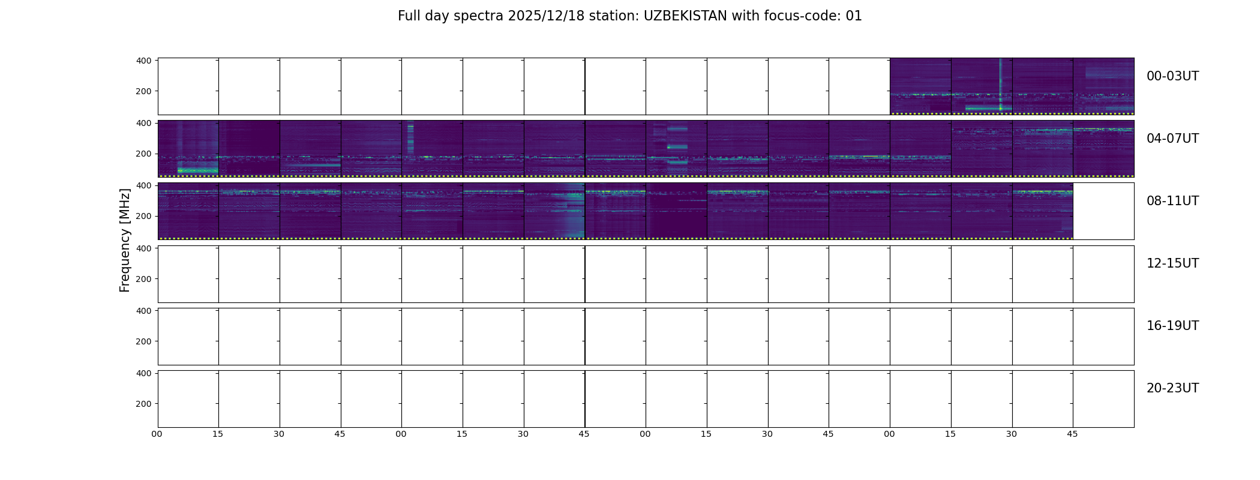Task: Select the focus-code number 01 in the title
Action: point(854,16)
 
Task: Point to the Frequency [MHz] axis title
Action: point(125,240)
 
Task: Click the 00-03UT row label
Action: point(1172,76)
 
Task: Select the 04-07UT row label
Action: point(1172,139)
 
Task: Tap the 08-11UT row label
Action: point(1172,201)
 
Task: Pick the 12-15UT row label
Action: point(1172,263)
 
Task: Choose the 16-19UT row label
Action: point(1172,326)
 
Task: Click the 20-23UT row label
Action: point(1172,388)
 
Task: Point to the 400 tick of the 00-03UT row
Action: point(143,61)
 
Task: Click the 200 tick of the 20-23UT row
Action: point(143,404)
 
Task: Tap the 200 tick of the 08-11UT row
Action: point(143,216)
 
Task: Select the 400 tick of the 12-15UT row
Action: point(143,248)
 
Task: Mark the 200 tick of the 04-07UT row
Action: point(143,154)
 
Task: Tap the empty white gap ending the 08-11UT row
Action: point(1103,211)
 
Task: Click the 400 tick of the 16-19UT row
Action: point(143,310)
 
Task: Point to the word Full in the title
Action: point(408,16)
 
